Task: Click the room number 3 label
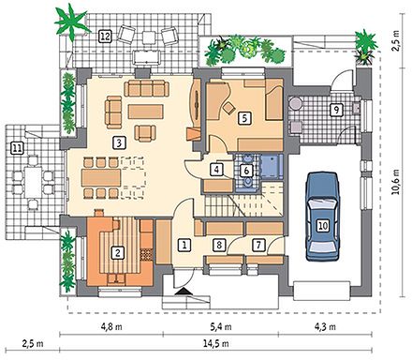point(118,143)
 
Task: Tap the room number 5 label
point(244,118)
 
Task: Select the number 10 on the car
point(323,225)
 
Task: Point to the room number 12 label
point(105,37)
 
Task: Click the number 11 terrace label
point(17,148)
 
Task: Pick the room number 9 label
point(336,110)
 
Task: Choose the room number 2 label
point(117,252)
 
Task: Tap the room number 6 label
point(246,171)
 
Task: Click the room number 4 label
point(217,170)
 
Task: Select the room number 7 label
point(258,245)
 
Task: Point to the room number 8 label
point(219,245)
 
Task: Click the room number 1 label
point(184,245)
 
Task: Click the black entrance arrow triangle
point(184,292)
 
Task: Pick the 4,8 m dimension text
point(111,327)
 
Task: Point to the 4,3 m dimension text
point(326,327)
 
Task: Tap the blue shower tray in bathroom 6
point(272,167)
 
